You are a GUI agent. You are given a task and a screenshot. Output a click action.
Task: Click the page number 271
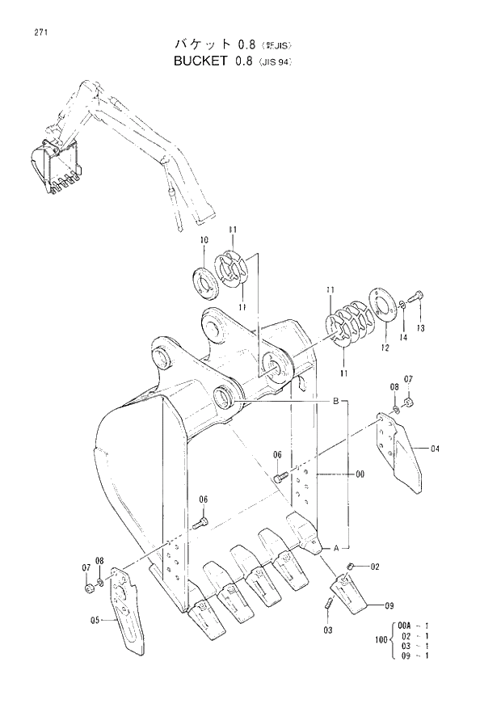coord(39,32)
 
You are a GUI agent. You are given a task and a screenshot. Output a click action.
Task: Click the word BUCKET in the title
coord(200,60)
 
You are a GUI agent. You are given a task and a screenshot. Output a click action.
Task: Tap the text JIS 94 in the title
coord(274,61)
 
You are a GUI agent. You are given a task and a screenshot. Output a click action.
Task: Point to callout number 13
coord(420,328)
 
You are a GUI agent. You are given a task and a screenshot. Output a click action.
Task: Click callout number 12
coord(385,348)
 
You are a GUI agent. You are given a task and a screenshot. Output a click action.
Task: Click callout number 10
coord(204,240)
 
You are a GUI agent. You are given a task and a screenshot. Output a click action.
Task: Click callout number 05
coord(95,620)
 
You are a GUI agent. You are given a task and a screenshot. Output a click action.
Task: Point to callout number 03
coord(327,630)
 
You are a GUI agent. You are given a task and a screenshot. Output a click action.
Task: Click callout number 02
coord(375,567)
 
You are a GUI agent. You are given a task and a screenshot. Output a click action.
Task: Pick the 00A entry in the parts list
coord(405,625)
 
